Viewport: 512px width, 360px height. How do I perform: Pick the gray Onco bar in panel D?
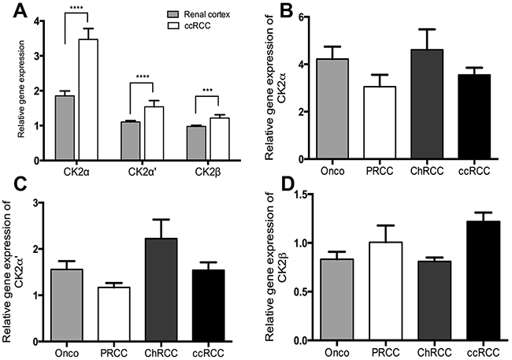(339, 300)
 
